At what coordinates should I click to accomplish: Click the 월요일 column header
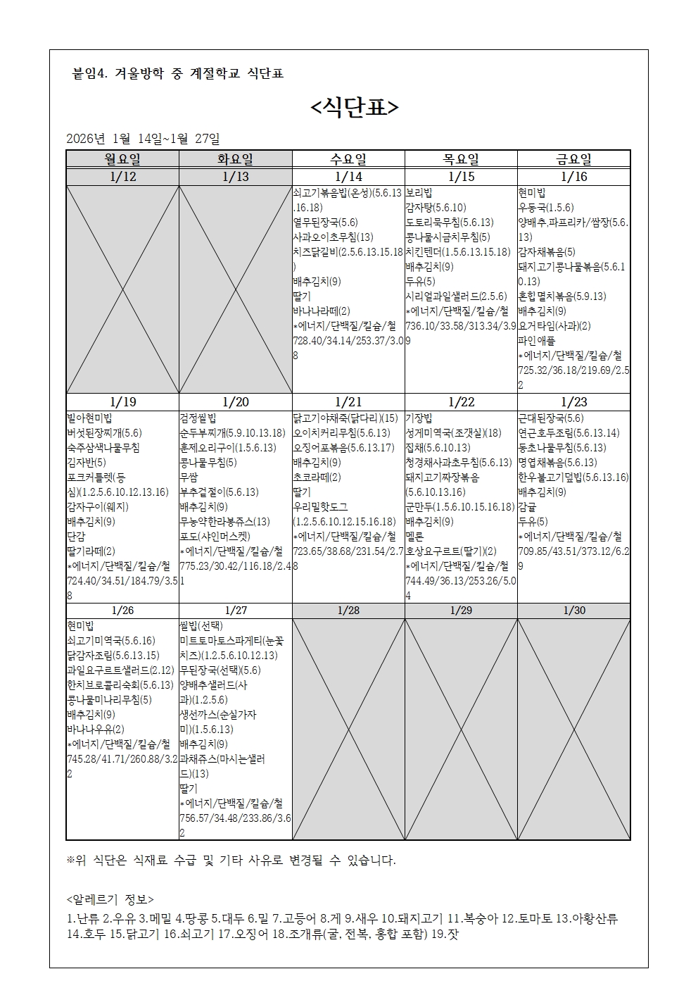pyautogui.click(x=122, y=159)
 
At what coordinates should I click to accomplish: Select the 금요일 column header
pyautogui.click(x=573, y=159)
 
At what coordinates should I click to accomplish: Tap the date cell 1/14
pyautogui.click(x=348, y=177)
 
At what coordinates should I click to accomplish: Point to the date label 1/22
pyautogui.click(x=461, y=401)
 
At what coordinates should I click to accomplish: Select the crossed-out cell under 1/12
pyautogui.click(x=122, y=289)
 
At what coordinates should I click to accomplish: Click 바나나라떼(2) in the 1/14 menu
pyautogui.click(x=322, y=311)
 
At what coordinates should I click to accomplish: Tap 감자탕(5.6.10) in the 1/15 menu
pyautogui.click(x=436, y=207)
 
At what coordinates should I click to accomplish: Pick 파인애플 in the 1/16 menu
pyautogui.click(x=537, y=341)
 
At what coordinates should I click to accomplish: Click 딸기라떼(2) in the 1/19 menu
pyautogui.click(x=91, y=551)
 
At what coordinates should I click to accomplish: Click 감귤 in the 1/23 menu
pyautogui.click(x=527, y=506)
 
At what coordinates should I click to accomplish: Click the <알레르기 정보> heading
pyautogui.click(x=110, y=899)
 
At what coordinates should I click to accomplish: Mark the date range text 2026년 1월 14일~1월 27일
pyautogui.click(x=143, y=139)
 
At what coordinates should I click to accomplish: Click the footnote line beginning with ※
pyautogui.click(x=231, y=861)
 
